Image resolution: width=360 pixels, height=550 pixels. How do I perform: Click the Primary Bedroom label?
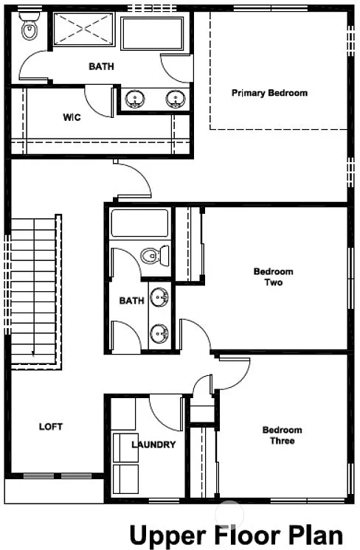269,94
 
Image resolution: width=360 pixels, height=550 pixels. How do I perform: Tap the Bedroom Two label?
273,276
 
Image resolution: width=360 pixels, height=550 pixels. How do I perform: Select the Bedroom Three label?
282,435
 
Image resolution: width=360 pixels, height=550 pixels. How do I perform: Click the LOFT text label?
51,427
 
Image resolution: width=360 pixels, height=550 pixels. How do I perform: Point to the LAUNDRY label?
153,445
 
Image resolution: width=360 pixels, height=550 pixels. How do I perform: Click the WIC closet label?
72,117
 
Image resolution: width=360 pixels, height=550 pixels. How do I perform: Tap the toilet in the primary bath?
28,30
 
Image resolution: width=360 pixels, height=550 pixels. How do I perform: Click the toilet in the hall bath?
152,256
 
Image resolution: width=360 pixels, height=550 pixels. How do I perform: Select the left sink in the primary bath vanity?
135,98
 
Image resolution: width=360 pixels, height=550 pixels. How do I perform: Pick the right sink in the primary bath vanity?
175,98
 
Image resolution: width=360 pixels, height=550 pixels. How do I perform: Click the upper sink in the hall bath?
159,297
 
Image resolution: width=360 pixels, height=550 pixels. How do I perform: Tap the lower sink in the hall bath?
159,334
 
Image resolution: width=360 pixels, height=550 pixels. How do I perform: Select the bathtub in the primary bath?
154,32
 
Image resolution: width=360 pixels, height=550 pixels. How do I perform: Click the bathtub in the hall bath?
139,223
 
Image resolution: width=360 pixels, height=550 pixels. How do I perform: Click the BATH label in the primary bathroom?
102,67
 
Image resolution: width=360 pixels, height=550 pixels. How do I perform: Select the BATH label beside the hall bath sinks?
131,301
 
